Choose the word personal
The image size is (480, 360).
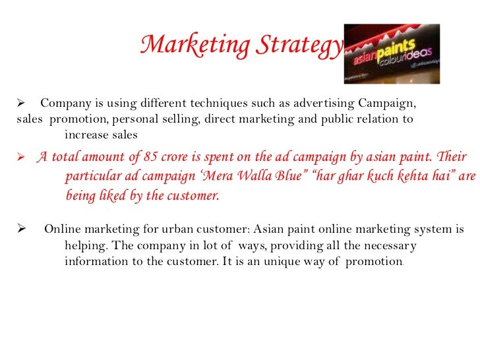coord(136,119)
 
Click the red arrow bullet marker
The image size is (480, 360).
coord(20,158)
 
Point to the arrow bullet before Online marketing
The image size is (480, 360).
coord(20,230)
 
